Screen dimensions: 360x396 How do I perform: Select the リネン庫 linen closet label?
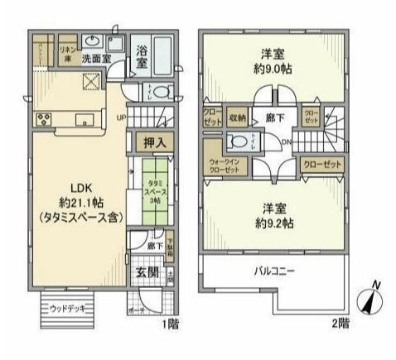[x=67, y=54]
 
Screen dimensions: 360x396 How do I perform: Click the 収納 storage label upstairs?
[x=239, y=116]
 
